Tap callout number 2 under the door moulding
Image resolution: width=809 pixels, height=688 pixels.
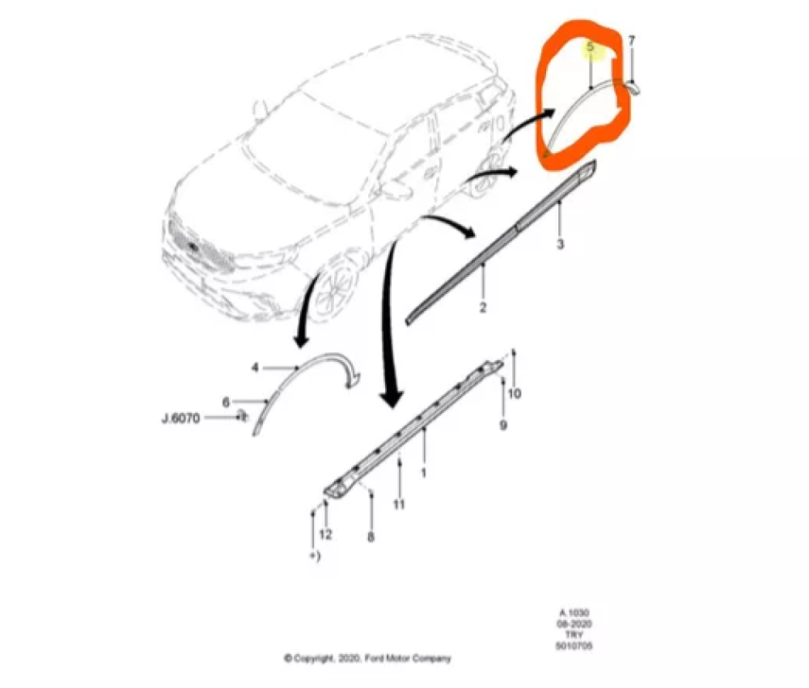pyautogui.click(x=482, y=308)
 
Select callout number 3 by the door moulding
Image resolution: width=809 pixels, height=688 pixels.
pyautogui.click(x=560, y=244)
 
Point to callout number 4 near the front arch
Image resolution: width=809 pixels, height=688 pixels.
pyautogui.click(x=255, y=367)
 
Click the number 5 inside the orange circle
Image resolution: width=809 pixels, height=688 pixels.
pyautogui.click(x=591, y=48)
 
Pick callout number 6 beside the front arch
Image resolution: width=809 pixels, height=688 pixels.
pyautogui.click(x=227, y=401)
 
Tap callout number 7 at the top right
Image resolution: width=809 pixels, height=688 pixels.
pyautogui.click(x=632, y=40)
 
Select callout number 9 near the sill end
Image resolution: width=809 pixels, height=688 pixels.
pyautogui.click(x=503, y=425)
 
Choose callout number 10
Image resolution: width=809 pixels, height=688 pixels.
pyautogui.click(x=514, y=394)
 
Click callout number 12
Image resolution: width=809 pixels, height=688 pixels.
pyautogui.click(x=325, y=534)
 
